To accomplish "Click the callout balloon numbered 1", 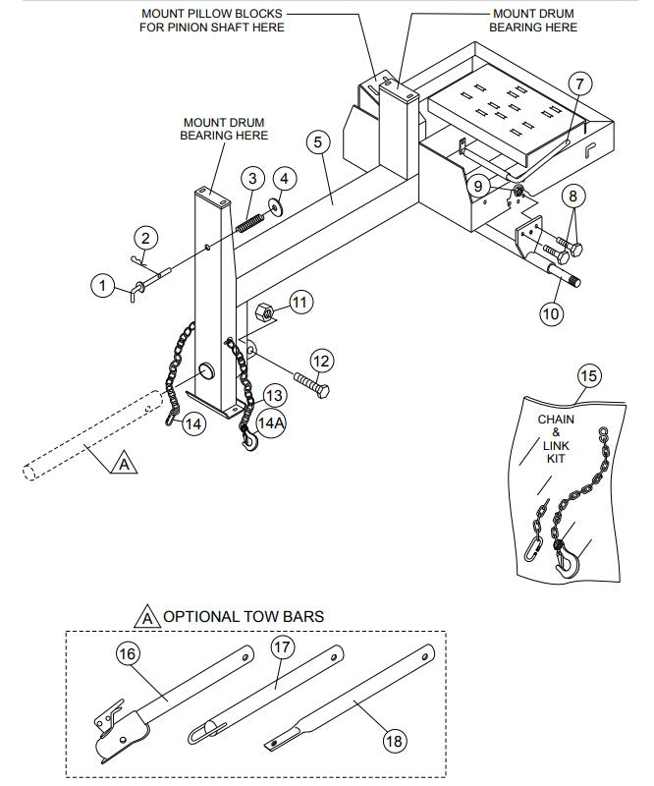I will coord(101,285).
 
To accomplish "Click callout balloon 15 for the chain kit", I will coord(587,377).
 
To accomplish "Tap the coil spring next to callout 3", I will coord(250,213).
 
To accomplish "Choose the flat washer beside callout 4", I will coord(279,207).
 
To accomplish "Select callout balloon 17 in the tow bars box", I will coord(282,648).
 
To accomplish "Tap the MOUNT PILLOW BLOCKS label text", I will coord(212,20).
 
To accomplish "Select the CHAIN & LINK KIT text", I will coord(557,439).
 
